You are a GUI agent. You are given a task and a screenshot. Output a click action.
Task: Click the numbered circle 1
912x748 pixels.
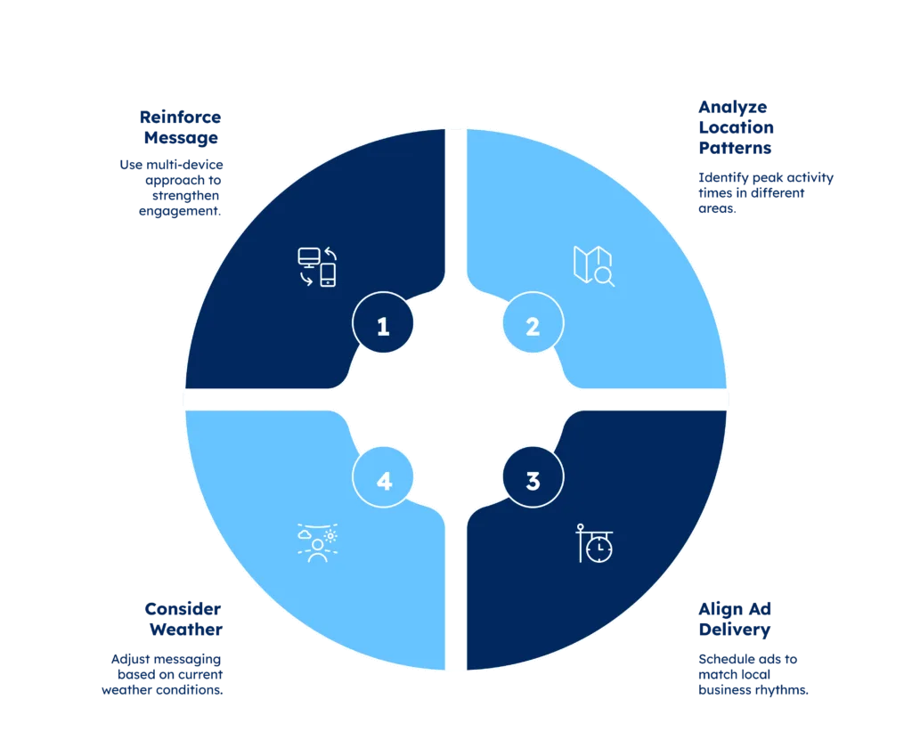pos(383,322)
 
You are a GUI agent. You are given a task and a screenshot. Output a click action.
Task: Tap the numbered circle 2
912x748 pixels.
pos(533,322)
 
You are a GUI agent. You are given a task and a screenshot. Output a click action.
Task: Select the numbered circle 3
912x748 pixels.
pos(533,477)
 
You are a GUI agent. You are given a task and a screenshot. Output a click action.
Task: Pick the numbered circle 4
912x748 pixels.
pos(383,477)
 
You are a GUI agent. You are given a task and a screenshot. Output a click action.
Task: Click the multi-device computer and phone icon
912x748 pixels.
pos(318,267)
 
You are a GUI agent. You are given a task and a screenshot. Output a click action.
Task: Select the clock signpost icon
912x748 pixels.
pos(594,543)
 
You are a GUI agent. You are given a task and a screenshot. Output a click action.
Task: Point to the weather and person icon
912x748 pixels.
pos(318,542)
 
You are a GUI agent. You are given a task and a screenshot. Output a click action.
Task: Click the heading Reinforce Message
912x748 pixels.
pos(180,127)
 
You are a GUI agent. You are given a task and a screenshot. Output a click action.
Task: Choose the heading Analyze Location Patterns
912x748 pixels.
pos(737,127)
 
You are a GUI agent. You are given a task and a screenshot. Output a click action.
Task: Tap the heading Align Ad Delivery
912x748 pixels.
pos(735,620)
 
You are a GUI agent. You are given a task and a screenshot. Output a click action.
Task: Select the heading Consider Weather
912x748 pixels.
pos(183,620)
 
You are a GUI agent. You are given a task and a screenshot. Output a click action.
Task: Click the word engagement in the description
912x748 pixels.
pos(180,211)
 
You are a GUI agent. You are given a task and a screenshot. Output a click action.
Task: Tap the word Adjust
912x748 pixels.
pos(130,660)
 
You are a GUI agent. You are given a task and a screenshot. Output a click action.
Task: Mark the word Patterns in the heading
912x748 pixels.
pos(735,148)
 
